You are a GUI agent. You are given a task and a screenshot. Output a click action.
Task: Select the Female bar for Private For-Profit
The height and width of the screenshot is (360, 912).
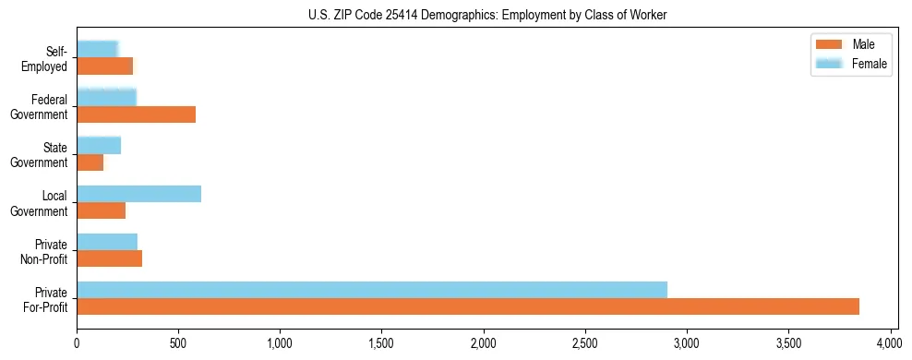coord(372,290)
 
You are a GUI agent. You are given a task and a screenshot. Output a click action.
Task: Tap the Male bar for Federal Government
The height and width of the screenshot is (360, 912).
coord(137,114)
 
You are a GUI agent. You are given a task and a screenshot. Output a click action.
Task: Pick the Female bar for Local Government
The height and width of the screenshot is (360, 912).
coord(139,194)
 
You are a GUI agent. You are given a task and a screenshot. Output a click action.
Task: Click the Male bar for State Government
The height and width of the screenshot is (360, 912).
coord(90,162)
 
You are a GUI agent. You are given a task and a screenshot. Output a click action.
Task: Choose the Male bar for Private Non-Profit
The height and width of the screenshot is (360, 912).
coord(110,258)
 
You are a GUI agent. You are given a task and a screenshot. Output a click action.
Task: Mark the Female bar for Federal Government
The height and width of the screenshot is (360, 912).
coord(107,98)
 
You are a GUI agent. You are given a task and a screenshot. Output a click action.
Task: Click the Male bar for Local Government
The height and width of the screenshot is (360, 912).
coord(102,210)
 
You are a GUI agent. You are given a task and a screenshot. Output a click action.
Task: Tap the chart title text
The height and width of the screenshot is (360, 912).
coord(487,15)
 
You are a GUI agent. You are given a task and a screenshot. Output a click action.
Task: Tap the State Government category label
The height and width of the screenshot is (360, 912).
coord(45,154)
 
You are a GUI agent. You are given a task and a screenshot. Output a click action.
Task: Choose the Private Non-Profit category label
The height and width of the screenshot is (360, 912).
coord(45,251)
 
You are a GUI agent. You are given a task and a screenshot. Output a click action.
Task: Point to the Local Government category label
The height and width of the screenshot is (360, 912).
coord(45,203)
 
